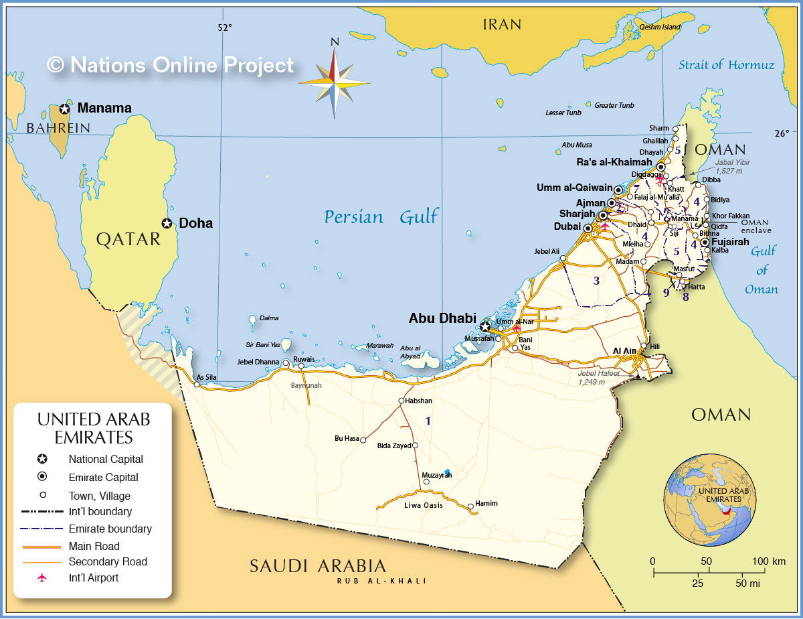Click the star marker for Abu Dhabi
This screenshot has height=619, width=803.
484,327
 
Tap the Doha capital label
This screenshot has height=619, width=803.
195,223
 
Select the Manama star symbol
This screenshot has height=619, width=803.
65,109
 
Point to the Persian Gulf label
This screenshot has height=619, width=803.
381,217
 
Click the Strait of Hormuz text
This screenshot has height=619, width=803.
726,65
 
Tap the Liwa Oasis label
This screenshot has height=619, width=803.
424,505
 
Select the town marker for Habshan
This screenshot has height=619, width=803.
400,401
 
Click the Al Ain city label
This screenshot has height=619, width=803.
624,350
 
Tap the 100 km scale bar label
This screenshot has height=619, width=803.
768,561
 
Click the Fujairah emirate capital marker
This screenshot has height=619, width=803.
705,242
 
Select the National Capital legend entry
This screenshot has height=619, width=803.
105,460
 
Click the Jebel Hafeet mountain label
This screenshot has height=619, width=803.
599,373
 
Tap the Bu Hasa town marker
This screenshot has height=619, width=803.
363,440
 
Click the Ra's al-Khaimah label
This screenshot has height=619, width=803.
614,162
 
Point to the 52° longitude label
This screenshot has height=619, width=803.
224,27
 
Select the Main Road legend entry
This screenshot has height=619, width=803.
94,546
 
